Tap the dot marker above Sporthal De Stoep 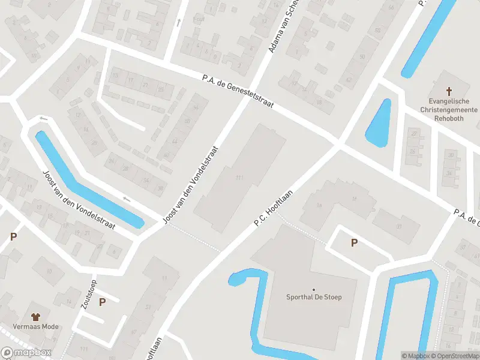pos(313,289)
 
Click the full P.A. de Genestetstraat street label pos(238,91)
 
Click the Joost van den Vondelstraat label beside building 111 pos(192,186)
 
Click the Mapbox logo pos(26,353)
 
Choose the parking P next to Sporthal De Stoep pos(354,242)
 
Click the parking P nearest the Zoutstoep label pos(102,302)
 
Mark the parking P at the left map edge pos(13,237)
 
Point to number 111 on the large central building pos(239,178)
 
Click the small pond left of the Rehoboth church pos(379,122)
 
